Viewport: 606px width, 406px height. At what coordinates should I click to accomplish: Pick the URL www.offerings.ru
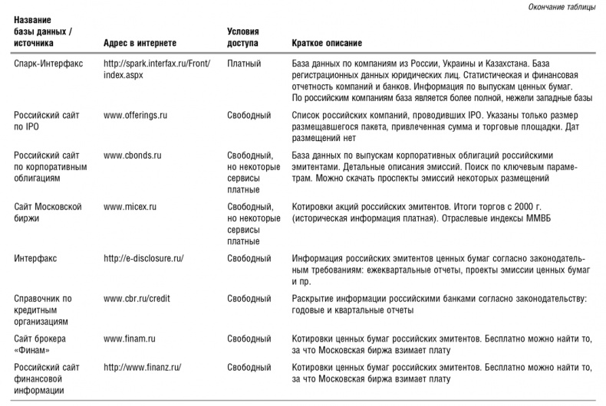(136, 115)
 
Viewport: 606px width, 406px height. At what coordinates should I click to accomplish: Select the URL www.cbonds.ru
(132, 155)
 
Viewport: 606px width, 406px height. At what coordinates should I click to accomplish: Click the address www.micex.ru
(130, 207)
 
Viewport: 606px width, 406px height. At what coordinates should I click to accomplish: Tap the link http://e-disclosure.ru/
(143, 258)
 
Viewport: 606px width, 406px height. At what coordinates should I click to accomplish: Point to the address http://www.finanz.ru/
(142, 367)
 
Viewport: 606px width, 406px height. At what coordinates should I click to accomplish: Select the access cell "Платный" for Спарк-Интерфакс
(245, 61)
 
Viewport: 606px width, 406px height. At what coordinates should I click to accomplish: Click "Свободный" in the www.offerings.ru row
(249, 115)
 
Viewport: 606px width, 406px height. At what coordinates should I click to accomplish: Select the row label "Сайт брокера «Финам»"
(41, 343)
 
